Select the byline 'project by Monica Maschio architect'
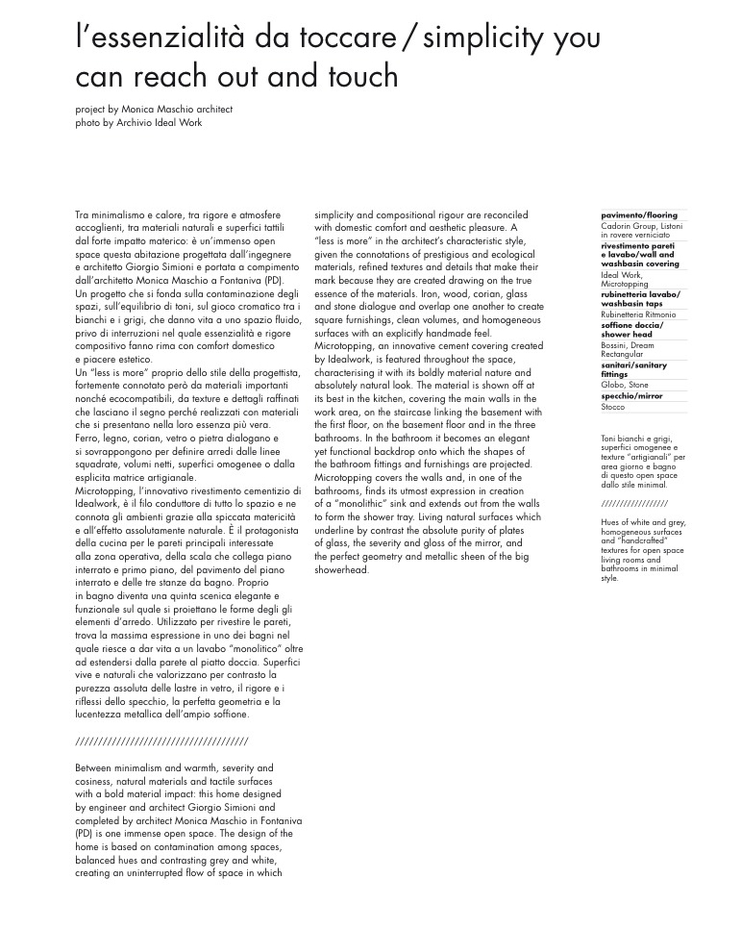click(154, 110)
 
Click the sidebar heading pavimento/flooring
click(639, 215)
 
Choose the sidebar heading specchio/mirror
click(631, 396)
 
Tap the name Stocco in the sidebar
click(613, 408)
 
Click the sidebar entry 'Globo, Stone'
click(625, 385)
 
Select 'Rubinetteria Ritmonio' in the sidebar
click(638, 314)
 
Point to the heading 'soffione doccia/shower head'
click(631, 330)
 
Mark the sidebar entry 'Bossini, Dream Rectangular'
click(627, 350)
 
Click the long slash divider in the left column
click(161, 741)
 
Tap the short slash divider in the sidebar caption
click(634, 504)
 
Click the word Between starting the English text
click(97, 768)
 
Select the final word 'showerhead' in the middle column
click(341, 570)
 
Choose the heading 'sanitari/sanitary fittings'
click(633, 370)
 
